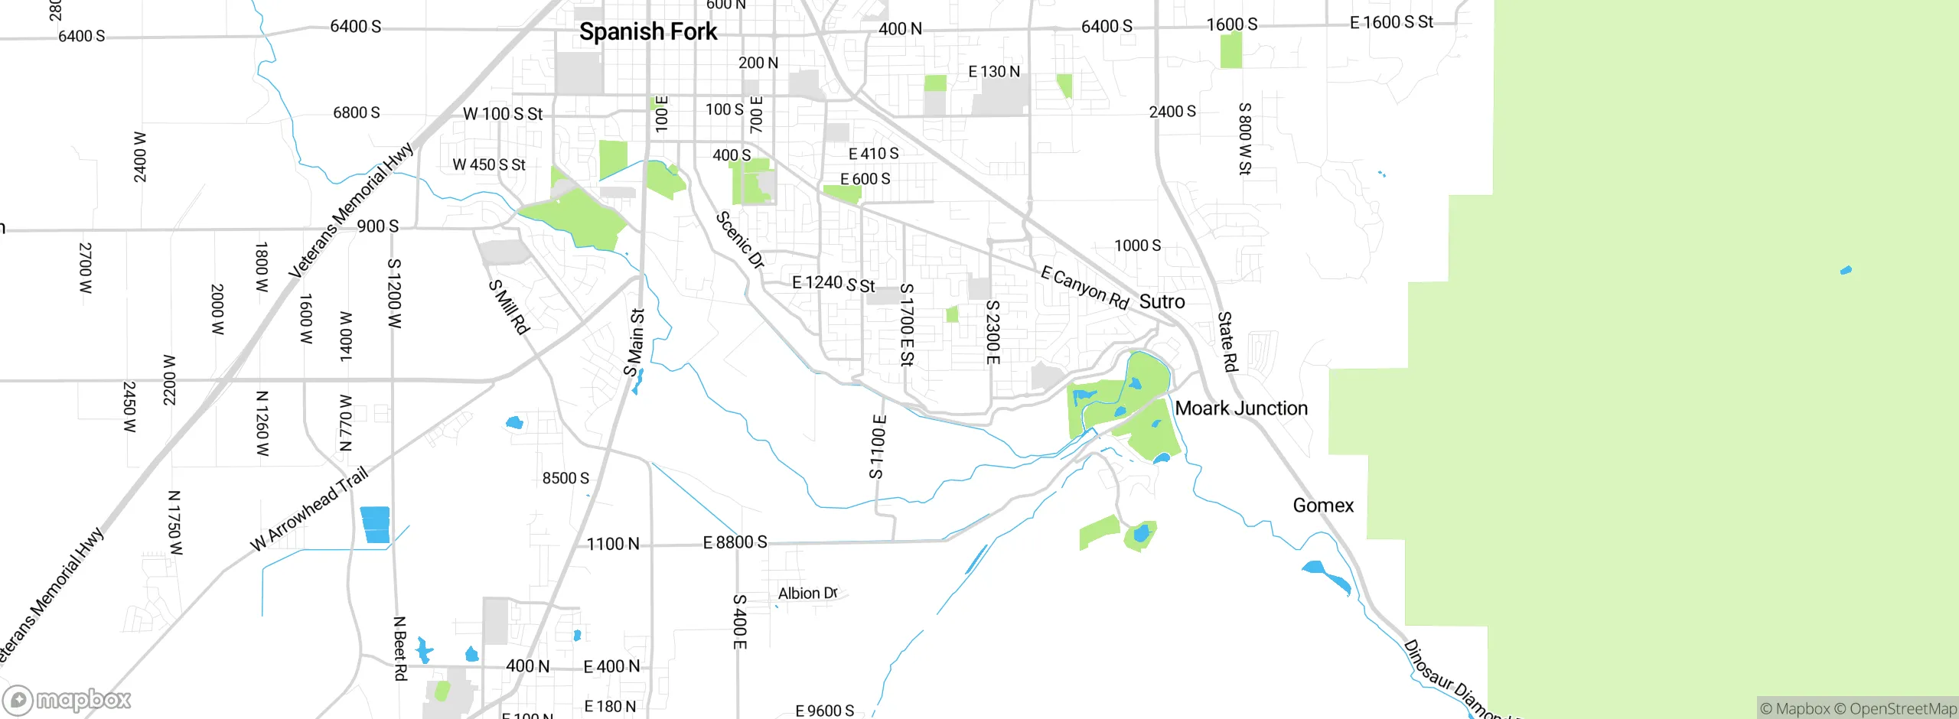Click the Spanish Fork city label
click(648, 32)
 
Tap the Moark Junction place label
click(1241, 408)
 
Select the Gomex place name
click(1323, 506)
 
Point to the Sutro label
click(1162, 302)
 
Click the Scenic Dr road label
click(740, 240)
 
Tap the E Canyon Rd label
click(1084, 288)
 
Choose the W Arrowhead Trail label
click(309, 509)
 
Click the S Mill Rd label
click(509, 307)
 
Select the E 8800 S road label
click(735, 542)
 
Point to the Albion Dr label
click(807, 594)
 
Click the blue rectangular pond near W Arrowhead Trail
click(375, 525)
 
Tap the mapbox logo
click(67, 700)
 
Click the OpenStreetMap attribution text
click(1902, 709)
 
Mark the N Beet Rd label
click(399, 649)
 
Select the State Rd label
click(1227, 342)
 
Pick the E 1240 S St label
click(833, 284)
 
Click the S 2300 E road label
click(993, 332)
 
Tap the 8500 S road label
click(566, 479)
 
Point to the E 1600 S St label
click(1391, 23)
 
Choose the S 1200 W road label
click(394, 294)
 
